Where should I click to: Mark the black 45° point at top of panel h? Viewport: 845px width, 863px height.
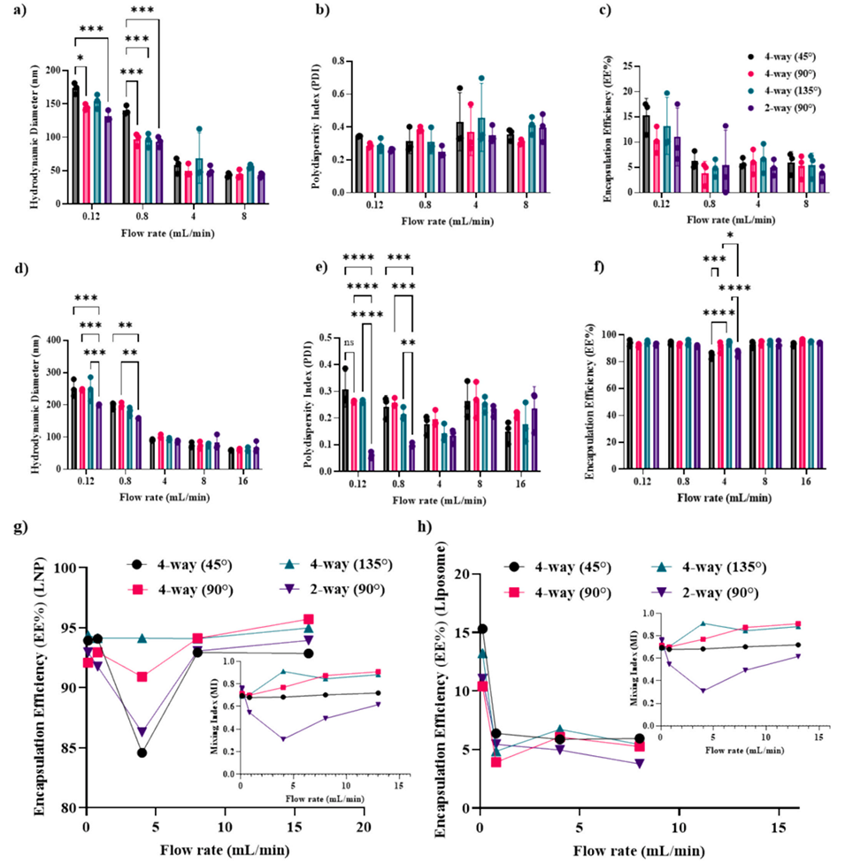[482, 630]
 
